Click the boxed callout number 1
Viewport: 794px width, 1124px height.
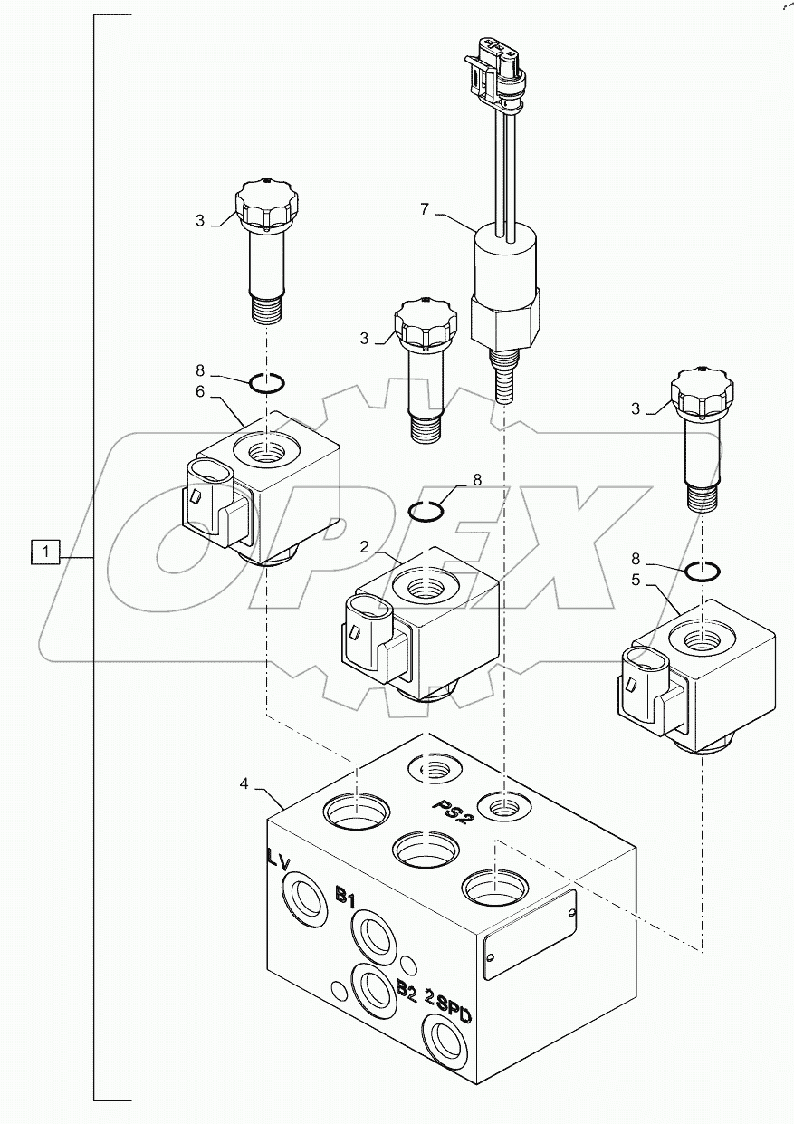46,551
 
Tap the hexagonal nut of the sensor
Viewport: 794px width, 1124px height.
504,322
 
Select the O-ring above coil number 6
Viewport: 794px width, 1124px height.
268,384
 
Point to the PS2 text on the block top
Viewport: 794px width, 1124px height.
454,808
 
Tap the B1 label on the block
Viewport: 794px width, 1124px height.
345,897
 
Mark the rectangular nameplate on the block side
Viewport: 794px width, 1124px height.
530,934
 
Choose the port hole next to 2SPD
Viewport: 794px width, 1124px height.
446,1038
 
